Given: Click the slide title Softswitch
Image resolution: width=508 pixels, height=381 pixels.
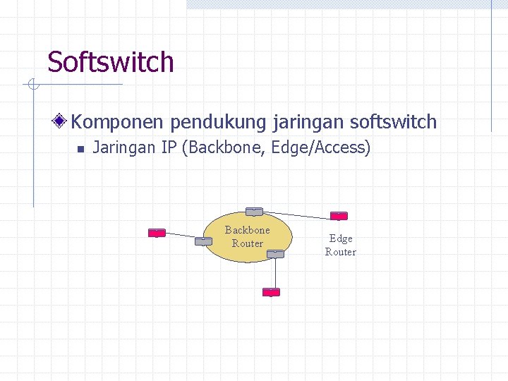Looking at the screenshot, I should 110,62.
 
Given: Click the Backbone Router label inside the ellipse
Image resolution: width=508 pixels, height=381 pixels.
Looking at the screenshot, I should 247,236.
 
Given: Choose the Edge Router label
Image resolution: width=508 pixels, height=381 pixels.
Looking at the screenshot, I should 341,245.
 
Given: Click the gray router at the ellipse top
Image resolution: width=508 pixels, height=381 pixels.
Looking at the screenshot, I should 254,211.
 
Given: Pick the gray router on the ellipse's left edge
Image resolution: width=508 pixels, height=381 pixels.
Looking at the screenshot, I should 203,241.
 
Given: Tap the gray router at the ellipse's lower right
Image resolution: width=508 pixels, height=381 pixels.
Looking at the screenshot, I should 276,254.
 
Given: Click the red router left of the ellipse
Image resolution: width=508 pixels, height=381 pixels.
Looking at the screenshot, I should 157,233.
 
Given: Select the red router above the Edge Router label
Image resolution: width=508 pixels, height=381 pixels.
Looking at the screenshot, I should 339,216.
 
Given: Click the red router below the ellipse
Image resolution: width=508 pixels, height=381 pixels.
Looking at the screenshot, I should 271,292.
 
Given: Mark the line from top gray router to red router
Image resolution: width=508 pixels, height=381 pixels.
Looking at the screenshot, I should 296,214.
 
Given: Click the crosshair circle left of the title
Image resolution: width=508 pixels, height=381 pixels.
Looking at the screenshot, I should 32,85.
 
